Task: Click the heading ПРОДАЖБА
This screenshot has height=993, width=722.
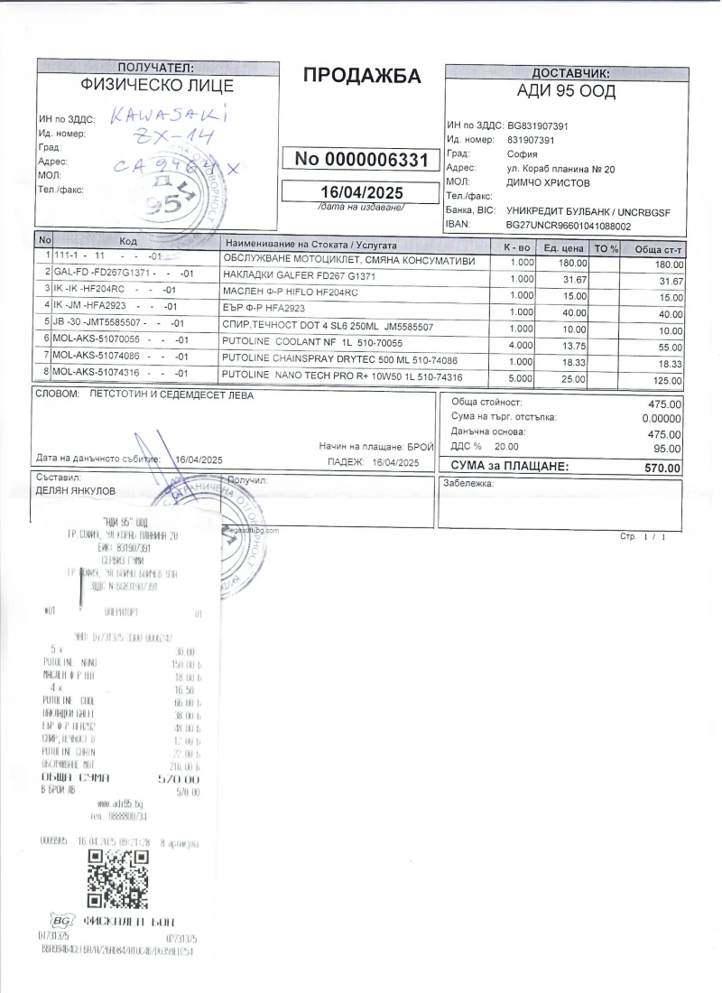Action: point(362,77)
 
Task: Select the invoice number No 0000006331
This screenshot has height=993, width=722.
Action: point(362,160)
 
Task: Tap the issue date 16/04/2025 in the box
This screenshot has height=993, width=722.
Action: point(362,192)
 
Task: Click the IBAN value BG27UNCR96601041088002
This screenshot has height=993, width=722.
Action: point(569,226)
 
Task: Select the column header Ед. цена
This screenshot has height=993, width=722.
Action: point(561,247)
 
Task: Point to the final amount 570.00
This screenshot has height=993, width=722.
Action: point(662,469)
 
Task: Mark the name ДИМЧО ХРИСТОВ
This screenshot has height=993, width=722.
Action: point(549,182)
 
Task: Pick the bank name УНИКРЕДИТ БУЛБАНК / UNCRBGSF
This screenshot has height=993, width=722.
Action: point(588,210)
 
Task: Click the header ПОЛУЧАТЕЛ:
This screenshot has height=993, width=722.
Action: point(156,68)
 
